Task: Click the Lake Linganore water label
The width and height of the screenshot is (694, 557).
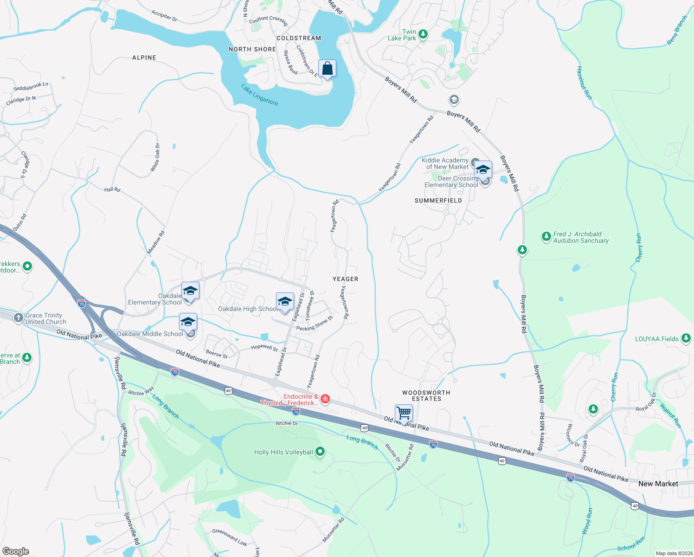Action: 259,95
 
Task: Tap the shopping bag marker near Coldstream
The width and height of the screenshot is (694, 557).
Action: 327,69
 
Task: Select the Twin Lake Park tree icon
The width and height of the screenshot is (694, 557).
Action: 423,34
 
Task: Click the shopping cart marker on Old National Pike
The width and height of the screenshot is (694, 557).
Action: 404,413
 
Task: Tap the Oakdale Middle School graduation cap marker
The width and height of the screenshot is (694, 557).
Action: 188,322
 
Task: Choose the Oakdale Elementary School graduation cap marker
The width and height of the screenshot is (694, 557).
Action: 190,291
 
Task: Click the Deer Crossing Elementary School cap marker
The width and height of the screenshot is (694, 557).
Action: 483,169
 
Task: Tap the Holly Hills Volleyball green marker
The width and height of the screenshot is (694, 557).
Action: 320,452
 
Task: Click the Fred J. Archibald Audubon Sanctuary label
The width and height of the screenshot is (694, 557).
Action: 581,237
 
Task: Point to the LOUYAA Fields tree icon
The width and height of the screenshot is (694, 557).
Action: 686,338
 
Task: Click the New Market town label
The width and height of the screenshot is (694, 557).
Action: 658,484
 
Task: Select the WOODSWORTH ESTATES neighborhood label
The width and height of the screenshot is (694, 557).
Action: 426,395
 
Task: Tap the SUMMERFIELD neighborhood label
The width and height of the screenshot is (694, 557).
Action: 438,201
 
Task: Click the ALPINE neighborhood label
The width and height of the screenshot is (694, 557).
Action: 144,58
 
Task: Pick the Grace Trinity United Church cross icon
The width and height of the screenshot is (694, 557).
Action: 18,318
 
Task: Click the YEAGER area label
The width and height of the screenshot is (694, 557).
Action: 345,279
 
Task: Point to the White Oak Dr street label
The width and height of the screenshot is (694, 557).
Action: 155,158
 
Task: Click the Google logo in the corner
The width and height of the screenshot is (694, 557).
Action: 16,551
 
